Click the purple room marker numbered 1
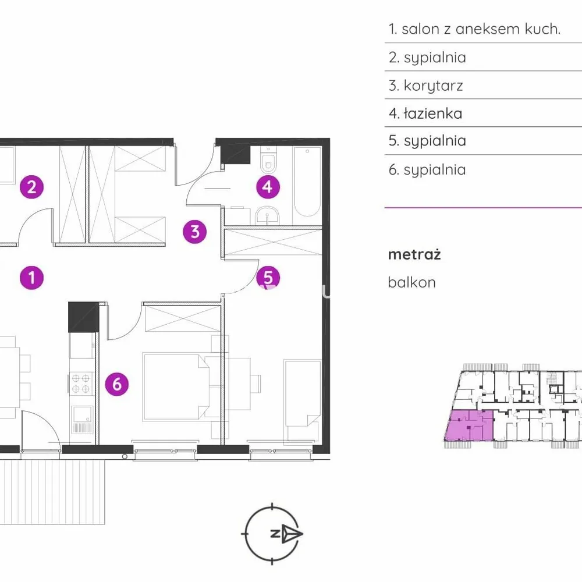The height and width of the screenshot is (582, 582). pyautogui.click(x=31, y=278)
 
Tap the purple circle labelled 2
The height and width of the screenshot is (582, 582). pyautogui.click(x=31, y=187)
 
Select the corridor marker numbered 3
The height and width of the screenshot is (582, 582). pyautogui.click(x=195, y=232)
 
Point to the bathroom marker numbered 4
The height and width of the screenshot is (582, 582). pyautogui.click(x=268, y=187)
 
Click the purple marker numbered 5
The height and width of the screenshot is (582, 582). pyautogui.click(x=268, y=278)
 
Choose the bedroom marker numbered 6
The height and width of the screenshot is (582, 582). pyautogui.click(x=117, y=384)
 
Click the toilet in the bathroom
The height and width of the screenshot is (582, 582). pyautogui.click(x=268, y=160)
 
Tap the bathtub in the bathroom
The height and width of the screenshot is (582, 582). pyautogui.click(x=307, y=182)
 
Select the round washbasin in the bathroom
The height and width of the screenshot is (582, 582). pyautogui.click(x=267, y=215)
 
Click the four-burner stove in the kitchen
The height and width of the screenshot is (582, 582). pyautogui.click(x=81, y=384)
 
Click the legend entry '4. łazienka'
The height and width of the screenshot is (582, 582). pyautogui.click(x=425, y=113)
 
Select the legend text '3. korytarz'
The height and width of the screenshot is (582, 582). pyautogui.click(x=426, y=86)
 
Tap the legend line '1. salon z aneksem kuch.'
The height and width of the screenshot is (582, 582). pyautogui.click(x=474, y=29)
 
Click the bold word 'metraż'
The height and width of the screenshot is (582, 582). pyautogui.click(x=414, y=255)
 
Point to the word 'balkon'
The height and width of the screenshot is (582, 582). pyautogui.click(x=411, y=282)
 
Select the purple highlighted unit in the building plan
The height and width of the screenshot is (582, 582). pyautogui.click(x=469, y=425)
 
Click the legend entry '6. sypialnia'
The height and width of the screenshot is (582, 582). pyautogui.click(x=427, y=169)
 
